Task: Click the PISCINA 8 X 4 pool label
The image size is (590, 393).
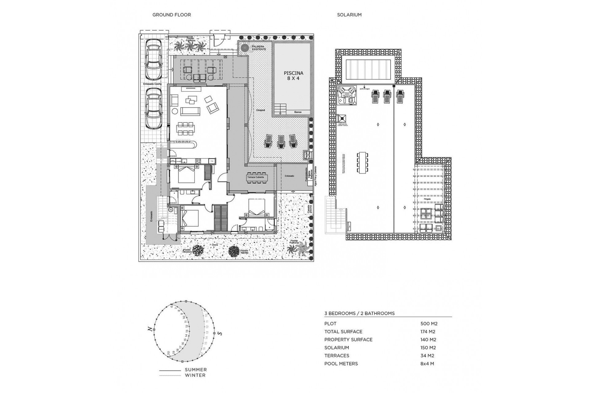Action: coord(293,76)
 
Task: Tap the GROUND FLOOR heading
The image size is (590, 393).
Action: coord(171,15)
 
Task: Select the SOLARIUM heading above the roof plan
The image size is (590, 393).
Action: coord(349,15)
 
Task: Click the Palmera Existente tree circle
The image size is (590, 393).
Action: coord(245,48)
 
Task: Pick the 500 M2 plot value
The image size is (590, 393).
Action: coord(429,324)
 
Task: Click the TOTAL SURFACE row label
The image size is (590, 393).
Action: coord(343,332)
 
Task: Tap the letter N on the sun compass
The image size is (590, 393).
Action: coord(150,329)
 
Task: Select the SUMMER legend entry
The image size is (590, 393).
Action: coord(195,370)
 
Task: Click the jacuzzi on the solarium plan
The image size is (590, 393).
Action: coord(347,95)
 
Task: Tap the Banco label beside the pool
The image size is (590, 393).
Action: coord(298,112)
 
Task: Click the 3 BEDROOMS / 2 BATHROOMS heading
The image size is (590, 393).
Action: coord(359,313)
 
